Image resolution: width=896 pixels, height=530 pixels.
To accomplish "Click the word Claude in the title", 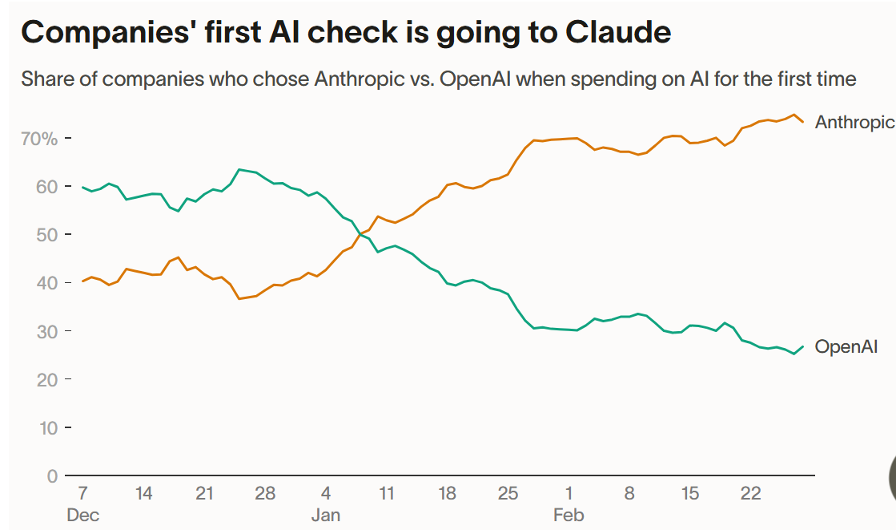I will pyautogui.click(x=617, y=32).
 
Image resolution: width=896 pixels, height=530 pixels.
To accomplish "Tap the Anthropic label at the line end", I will pyautogui.click(x=854, y=122).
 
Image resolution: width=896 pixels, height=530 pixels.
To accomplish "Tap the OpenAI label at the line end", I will pyautogui.click(x=846, y=347).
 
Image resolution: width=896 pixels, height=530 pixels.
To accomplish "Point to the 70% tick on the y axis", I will pyautogui.click(x=39, y=139).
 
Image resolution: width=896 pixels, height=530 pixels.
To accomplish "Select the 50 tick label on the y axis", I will pyautogui.click(x=47, y=235).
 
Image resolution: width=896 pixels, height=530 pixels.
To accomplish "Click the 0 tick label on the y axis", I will pyautogui.click(x=52, y=475).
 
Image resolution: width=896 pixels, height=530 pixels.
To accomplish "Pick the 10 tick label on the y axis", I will pyautogui.click(x=47, y=427).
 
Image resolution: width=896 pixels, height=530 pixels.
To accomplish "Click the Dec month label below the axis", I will pyautogui.click(x=82, y=515).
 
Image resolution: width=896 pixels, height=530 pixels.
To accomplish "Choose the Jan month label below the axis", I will pyautogui.click(x=325, y=515).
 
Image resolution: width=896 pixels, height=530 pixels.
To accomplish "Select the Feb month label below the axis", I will pyautogui.click(x=569, y=515).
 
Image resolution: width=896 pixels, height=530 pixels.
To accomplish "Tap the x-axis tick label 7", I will pyautogui.click(x=82, y=493).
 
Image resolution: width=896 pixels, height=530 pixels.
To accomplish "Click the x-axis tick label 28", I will pyautogui.click(x=264, y=493).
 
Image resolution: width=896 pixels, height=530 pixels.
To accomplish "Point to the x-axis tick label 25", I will pyautogui.click(x=508, y=493).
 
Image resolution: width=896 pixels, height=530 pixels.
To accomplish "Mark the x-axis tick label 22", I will pyautogui.click(x=750, y=493).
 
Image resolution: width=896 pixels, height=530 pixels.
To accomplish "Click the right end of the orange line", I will pyautogui.click(x=803, y=122).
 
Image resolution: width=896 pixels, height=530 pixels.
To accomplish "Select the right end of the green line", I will pyautogui.click(x=803, y=346).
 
